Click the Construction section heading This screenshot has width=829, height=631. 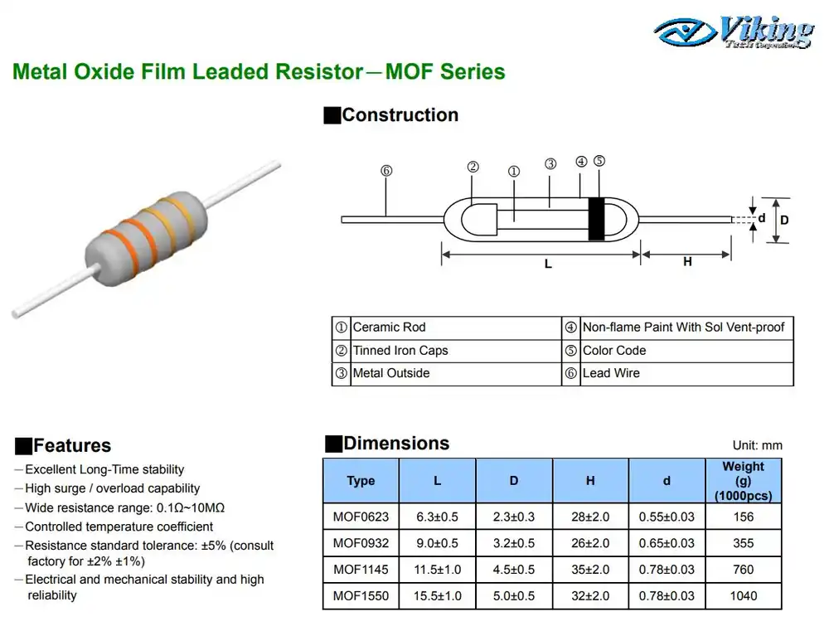400,115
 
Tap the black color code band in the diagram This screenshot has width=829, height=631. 595,220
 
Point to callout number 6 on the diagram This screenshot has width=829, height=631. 386,171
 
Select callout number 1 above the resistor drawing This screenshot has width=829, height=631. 513,172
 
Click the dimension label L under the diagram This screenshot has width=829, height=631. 548,264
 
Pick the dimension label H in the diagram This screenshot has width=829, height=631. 687,261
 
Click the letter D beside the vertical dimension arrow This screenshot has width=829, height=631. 784,220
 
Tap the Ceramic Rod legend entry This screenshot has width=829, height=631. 389,328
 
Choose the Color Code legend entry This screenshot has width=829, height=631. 613,351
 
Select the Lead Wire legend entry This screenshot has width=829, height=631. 611,373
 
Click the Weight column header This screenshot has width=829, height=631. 743,481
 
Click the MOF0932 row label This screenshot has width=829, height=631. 361,543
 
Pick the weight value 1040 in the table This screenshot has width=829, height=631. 744,595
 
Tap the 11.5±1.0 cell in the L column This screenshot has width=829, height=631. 437,570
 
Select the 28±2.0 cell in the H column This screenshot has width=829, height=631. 590,517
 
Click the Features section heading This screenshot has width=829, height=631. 71,446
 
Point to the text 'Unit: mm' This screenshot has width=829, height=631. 757,446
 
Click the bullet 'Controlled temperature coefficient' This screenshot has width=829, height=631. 119,527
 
